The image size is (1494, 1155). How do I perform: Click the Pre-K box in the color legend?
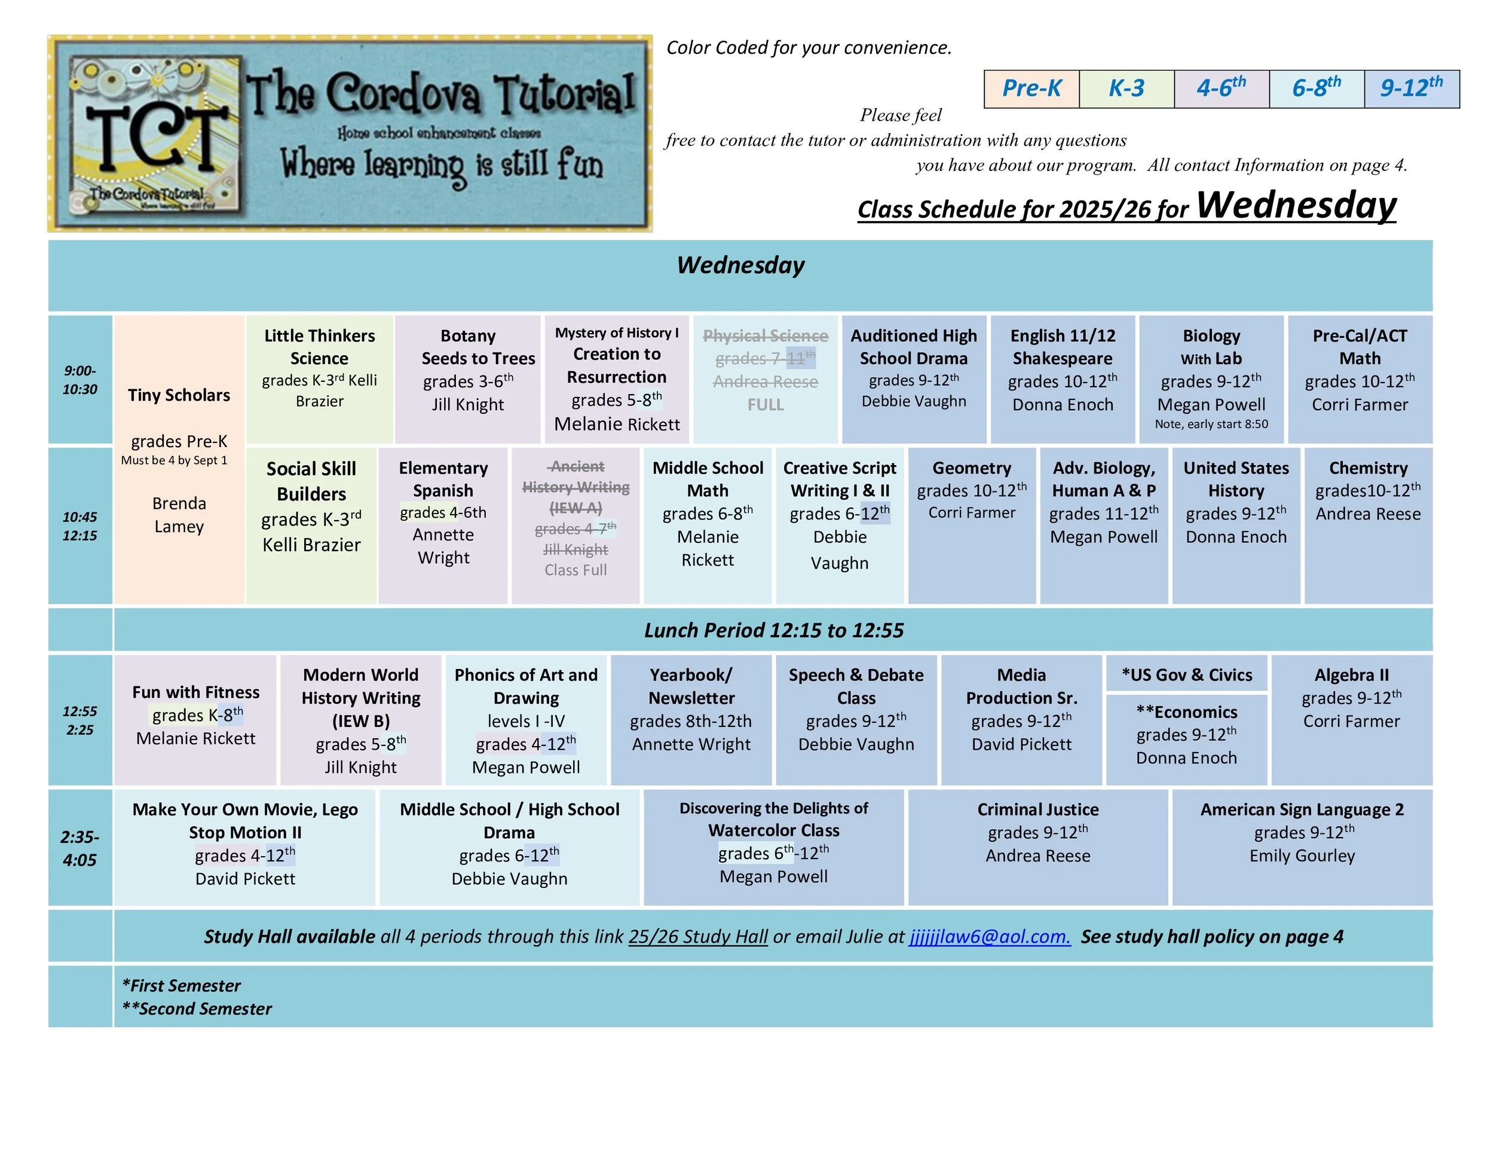pos(1031,89)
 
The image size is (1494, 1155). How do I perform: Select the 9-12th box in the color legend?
pos(1410,89)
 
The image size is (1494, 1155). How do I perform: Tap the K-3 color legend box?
pos(1126,89)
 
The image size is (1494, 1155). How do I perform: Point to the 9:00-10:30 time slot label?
pos(80,380)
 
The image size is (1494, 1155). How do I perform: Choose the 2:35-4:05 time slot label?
pos(80,848)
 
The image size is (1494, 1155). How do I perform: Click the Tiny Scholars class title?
pos(179,395)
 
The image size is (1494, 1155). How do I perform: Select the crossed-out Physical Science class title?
pos(765,336)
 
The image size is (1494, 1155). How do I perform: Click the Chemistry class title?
pos(1367,468)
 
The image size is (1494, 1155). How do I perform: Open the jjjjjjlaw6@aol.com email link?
pos(989,937)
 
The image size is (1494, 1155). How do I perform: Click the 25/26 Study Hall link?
pos(698,937)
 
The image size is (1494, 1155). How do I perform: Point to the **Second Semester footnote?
pos(197,1009)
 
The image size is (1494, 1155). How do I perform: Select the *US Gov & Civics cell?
pos(1186,675)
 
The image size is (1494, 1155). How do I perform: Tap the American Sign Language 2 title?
pos(1301,809)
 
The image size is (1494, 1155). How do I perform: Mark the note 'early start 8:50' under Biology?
pos(1211,424)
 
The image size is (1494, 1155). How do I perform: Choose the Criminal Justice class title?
pos(1037,809)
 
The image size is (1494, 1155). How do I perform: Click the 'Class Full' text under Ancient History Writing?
pos(575,570)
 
